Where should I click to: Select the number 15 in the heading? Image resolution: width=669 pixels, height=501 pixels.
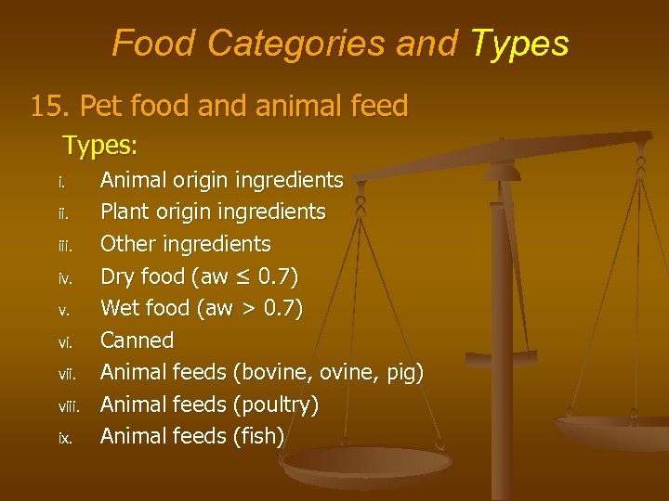(46, 106)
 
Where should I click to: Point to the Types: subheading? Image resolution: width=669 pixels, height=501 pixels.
(100, 146)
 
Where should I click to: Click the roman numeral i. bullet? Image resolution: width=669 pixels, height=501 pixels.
(61, 180)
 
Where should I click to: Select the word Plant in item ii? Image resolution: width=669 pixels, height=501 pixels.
(124, 212)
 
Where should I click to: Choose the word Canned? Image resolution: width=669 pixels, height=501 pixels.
(137, 340)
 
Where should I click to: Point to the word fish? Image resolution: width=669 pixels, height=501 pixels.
(261, 436)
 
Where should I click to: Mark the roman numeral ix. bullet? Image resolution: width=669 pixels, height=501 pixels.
(64, 437)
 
